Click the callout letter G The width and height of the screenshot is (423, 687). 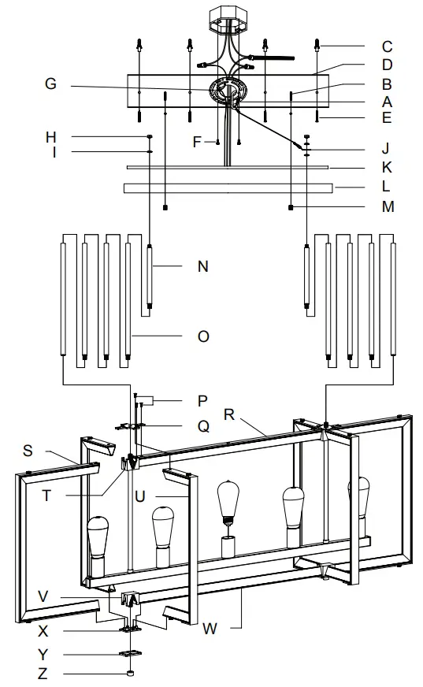[51, 84]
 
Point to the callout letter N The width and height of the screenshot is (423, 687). [202, 266]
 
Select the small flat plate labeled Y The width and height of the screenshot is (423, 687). [130, 654]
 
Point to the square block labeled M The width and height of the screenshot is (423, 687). [291, 208]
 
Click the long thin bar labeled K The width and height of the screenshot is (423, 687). [227, 167]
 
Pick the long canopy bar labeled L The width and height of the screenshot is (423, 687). [227, 188]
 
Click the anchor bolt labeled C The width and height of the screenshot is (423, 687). [317, 45]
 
